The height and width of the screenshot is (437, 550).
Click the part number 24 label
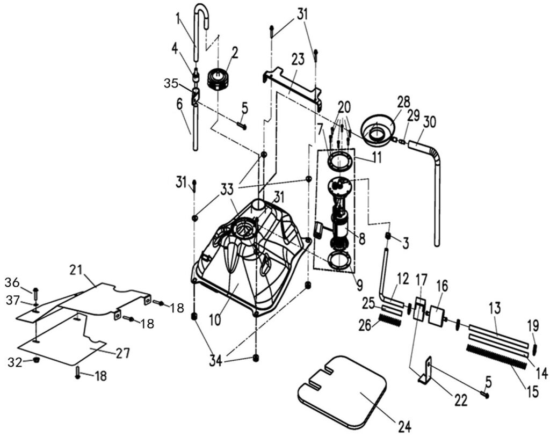click(404, 427)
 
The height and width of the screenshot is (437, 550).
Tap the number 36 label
click(13, 282)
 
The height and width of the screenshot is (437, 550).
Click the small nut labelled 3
click(387, 236)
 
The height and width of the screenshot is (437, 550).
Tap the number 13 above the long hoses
click(495, 309)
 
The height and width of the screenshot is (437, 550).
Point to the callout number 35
click(172, 83)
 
